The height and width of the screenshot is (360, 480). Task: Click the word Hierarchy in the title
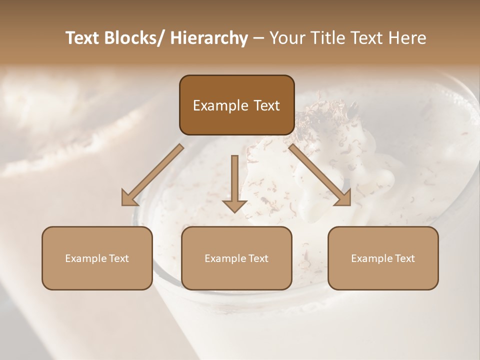click(209, 38)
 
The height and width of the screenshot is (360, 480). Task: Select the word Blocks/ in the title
click(133, 38)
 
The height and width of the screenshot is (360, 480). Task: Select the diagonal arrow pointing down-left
click(153, 174)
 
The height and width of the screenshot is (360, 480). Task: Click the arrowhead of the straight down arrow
click(234, 205)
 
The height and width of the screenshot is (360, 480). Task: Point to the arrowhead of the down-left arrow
click(129, 198)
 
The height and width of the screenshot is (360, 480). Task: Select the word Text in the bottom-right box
click(404, 258)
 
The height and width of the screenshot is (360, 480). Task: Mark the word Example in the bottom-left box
click(86, 258)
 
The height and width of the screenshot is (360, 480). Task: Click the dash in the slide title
click(258, 38)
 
